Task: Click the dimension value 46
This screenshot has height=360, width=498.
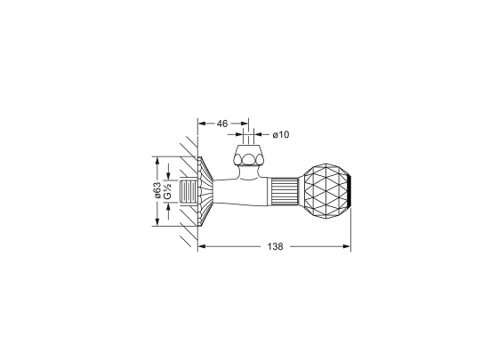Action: pos(222,124)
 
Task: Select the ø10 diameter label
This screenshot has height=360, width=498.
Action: pos(281,134)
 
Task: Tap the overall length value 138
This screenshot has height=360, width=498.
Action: pos(275,246)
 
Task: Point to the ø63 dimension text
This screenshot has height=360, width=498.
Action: pos(157,190)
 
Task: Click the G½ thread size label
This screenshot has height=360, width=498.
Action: pos(167,191)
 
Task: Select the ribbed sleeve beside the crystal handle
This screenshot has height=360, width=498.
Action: pos(285,191)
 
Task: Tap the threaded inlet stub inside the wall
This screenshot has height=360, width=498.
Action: pos(188,191)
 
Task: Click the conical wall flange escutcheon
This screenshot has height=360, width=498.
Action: pos(205,191)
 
